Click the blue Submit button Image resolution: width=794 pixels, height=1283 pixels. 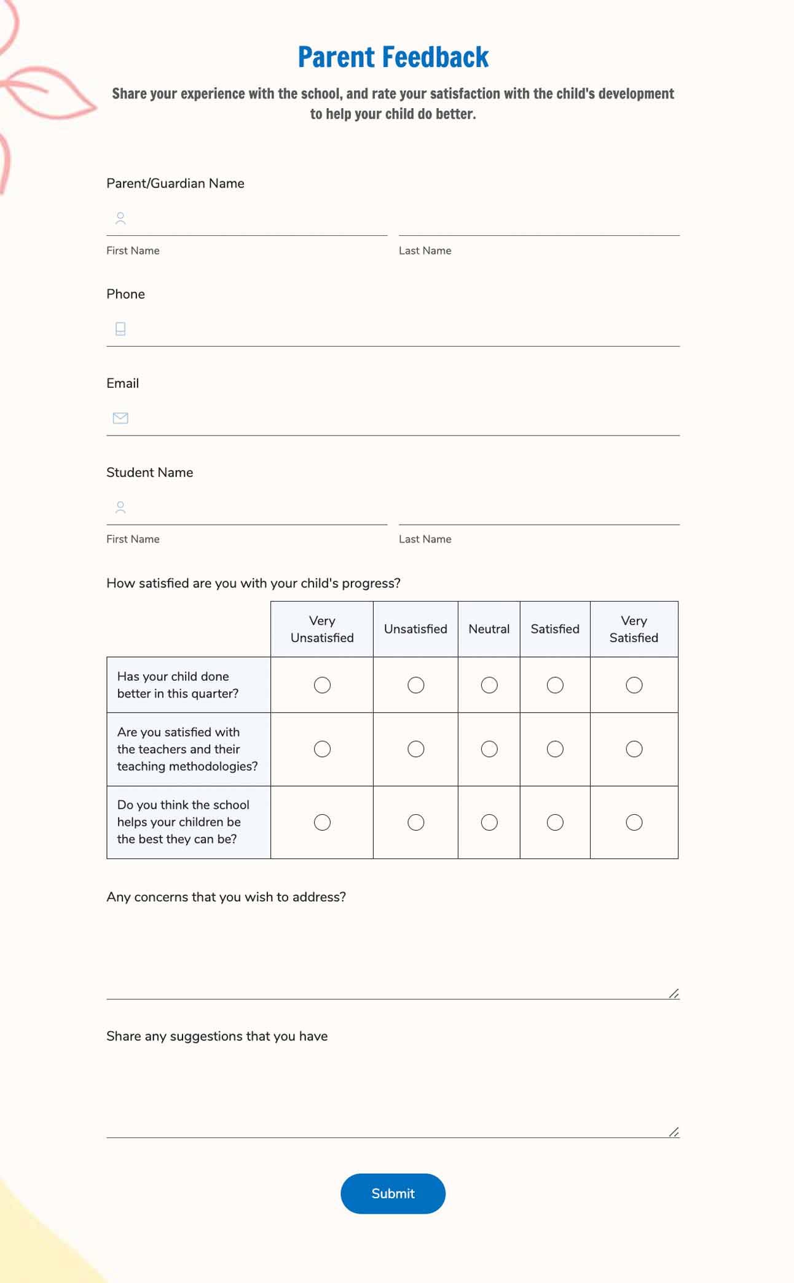[393, 1193]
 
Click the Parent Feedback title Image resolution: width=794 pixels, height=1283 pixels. [393, 57]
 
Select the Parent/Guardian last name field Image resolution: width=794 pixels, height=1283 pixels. [538, 219]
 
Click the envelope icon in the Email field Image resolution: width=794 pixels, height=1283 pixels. [120, 418]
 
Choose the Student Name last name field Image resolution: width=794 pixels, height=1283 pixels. [538, 508]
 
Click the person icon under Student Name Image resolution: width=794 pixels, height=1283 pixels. [120, 508]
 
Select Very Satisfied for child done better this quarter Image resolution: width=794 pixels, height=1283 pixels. [634, 685]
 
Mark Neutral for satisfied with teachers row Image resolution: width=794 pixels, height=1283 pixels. [489, 749]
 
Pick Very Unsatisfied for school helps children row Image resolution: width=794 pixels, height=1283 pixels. [322, 822]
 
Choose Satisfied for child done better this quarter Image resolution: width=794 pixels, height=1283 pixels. [555, 685]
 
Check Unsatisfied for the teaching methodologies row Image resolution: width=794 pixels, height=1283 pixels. [416, 749]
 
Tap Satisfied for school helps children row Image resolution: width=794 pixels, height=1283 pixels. [555, 822]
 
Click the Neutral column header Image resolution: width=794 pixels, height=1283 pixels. [489, 629]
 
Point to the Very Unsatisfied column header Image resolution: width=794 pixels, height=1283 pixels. [322, 629]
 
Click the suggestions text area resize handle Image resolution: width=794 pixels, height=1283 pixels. [674, 1132]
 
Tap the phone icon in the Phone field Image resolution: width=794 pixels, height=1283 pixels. [120, 329]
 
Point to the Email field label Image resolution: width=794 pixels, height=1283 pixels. [123, 383]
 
